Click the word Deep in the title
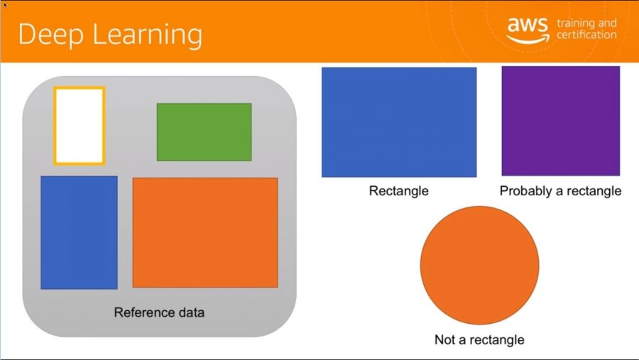(52, 35)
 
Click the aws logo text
(528, 25)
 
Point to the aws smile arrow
(528, 40)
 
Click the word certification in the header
(587, 35)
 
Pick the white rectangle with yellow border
(80, 126)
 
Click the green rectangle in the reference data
(204, 131)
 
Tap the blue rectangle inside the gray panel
(79, 232)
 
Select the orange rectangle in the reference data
(205, 232)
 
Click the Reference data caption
(159, 312)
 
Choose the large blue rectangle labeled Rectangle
(399, 122)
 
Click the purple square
(561, 121)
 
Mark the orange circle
(480, 266)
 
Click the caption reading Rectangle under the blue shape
(398, 191)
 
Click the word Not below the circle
(445, 339)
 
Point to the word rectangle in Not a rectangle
(499, 339)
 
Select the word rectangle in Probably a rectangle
(596, 191)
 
